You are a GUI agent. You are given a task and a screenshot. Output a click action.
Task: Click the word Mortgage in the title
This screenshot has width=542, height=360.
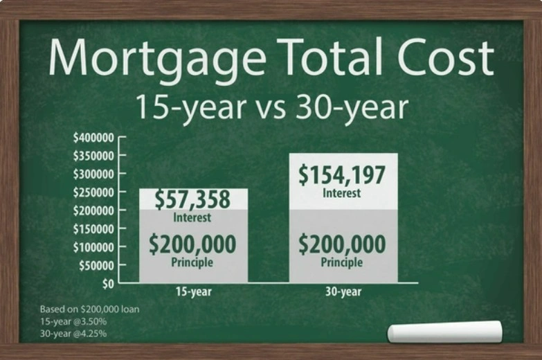tap(149, 58)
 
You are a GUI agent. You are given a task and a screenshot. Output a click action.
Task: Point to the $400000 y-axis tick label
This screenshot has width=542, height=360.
tap(93, 137)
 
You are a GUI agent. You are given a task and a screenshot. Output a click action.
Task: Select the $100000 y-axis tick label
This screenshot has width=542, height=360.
tap(93, 247)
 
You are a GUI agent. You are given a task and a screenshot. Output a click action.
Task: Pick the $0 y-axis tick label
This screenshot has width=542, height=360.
tap(108, 283)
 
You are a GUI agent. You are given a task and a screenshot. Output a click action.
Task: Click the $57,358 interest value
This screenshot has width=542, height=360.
tap(192, 199)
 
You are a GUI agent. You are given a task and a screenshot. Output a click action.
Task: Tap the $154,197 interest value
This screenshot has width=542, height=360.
tap(342, 174)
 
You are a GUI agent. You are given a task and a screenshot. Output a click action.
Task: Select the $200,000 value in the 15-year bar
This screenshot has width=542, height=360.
tap(192, 244)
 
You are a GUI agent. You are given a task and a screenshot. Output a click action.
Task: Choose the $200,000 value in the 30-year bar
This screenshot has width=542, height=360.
tap(342, 244)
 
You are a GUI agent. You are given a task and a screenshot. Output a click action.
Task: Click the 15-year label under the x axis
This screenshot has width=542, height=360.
tap(192, 292)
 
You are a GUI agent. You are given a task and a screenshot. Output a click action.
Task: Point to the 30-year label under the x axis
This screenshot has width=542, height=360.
tap(343, 292)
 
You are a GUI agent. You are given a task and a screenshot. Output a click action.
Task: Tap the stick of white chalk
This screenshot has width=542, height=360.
tap(444, 332)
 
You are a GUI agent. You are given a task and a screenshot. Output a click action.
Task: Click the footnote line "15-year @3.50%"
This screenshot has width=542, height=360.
tap(71, 322)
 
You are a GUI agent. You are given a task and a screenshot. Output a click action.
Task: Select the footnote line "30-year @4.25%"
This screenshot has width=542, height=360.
tap(73, 334)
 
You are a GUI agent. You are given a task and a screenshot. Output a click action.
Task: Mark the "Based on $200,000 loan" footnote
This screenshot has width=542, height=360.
tap(89, 309)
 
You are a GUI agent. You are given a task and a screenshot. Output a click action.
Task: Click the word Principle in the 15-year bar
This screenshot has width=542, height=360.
tap(192, 263)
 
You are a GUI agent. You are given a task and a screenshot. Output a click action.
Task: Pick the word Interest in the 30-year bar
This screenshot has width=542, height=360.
tap(342, 193)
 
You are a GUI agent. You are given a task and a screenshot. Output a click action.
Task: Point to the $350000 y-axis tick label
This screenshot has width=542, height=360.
tap(93, 156)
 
